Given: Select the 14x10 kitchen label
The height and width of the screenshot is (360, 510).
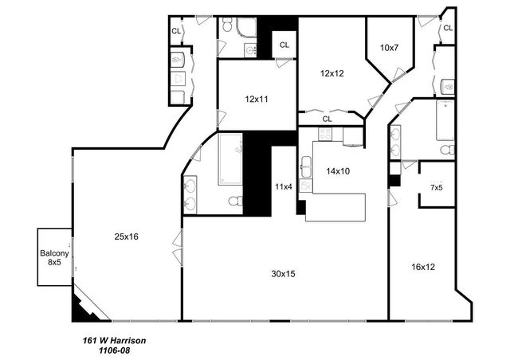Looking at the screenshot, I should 338,170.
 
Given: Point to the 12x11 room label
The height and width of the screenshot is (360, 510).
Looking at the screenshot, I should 257,100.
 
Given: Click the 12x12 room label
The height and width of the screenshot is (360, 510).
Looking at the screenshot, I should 333,73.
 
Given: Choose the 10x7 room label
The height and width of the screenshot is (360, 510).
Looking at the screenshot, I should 389,48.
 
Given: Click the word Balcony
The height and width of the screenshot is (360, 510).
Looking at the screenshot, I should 55,252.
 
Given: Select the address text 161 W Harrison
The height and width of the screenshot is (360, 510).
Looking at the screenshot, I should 114,340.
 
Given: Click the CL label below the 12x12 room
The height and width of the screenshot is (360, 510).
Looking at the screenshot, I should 328,119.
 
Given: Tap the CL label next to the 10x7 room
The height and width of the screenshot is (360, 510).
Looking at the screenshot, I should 448,28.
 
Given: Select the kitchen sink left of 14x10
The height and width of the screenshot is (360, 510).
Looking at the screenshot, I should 306,168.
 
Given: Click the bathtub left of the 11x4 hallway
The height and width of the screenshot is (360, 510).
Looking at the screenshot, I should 231,158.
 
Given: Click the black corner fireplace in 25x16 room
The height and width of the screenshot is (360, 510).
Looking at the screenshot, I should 81,306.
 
